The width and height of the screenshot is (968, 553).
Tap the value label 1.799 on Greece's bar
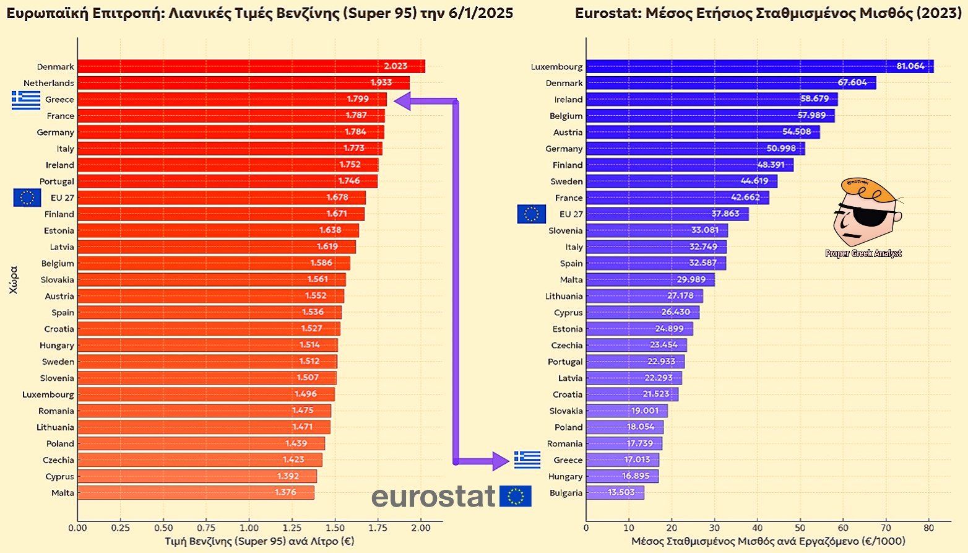click(358, 99)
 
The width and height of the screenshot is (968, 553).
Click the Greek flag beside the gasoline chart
click(26, 100)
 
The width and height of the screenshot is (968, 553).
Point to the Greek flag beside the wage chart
click(527, 459)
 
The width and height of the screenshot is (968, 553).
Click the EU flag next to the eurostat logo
click(515, 496)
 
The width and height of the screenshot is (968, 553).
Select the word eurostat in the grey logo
click(433, 496)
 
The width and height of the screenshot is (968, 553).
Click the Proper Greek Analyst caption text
click(863, 253)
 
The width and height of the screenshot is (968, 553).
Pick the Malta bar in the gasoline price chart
click(196, 493)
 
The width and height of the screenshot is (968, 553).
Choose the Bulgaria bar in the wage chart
click(615, 493)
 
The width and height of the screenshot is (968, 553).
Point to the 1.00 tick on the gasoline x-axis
click(249, 528)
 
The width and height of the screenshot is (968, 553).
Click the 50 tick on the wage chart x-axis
click(800, 528)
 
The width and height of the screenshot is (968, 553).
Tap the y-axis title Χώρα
click(14, 279)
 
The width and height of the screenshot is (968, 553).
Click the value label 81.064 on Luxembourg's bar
click(910, 66)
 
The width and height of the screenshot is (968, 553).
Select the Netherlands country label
click(49, 83)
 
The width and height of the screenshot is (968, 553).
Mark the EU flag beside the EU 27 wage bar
click(532, 214)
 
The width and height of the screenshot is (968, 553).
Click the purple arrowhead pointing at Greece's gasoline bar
click(403, 101)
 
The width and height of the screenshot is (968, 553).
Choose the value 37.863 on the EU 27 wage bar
click(725, 214)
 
